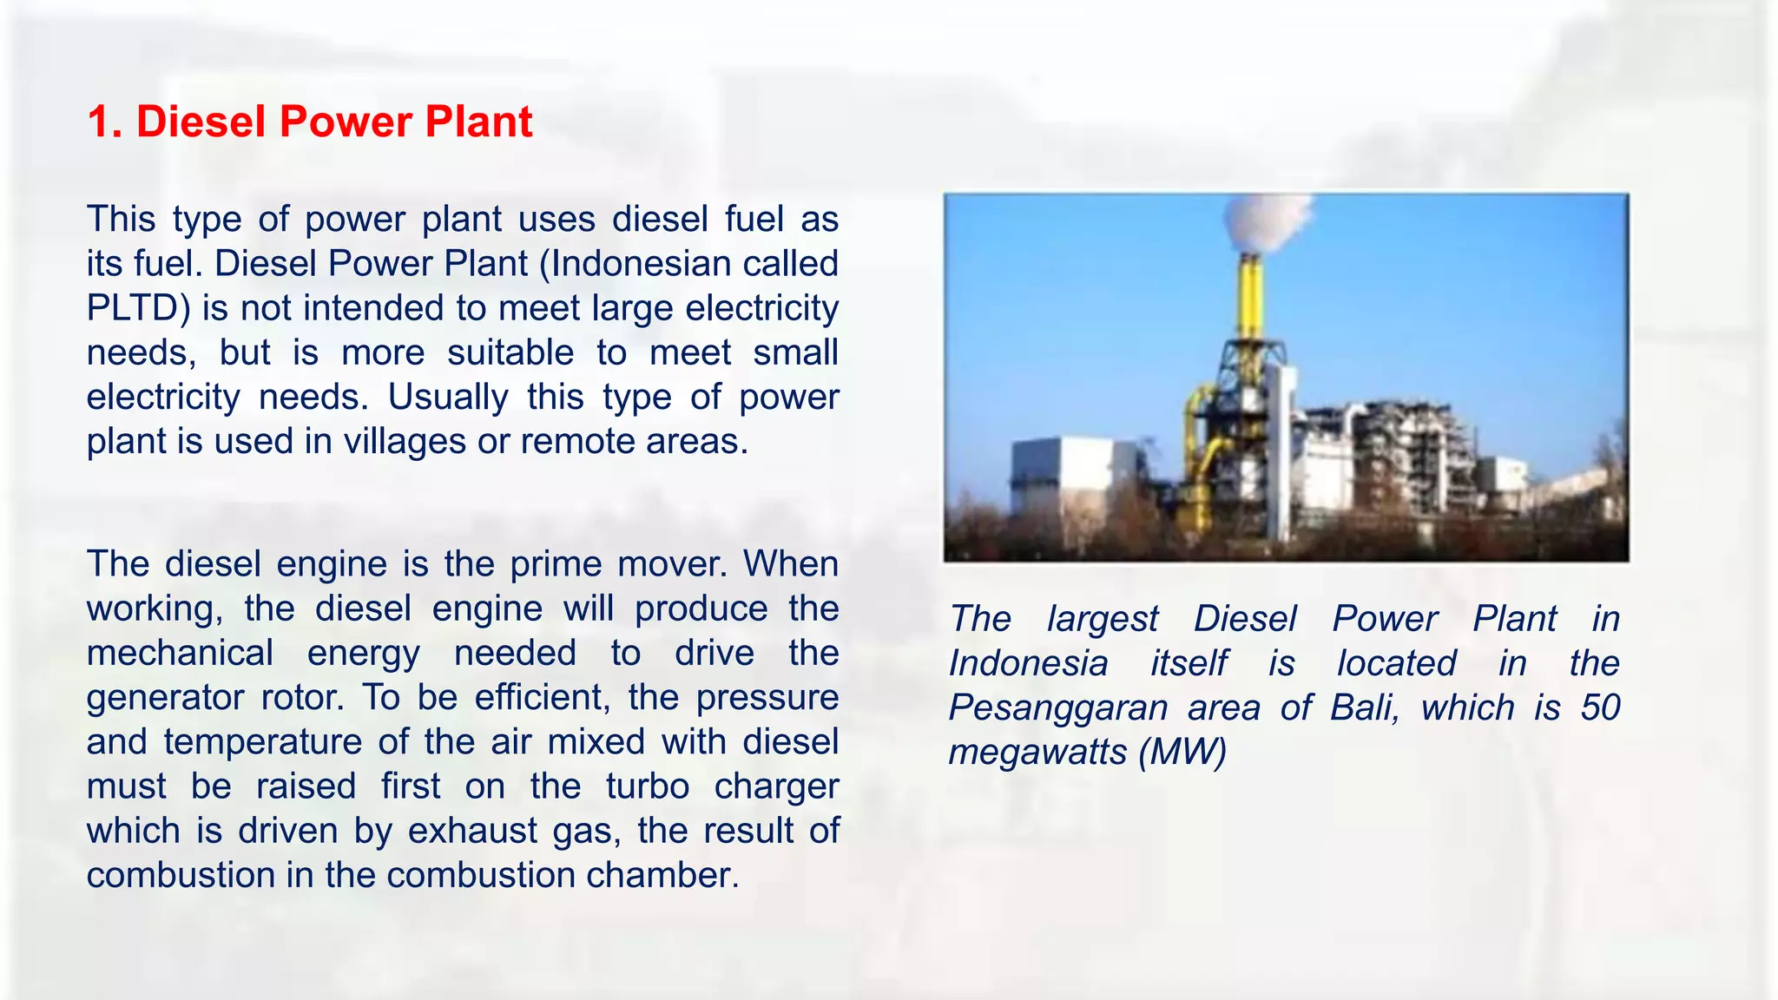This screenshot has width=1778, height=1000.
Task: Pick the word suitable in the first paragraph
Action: [510, 353]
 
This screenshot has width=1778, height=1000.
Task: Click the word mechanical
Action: [180, 654]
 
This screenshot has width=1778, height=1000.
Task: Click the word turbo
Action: [648, 786]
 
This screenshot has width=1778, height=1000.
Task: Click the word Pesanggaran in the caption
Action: [1058, 708]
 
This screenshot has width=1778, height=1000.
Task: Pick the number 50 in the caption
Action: [1600, 708]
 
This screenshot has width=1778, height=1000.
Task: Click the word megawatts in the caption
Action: [1037, 753]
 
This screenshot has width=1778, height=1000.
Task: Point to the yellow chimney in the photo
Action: [1250, 295]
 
